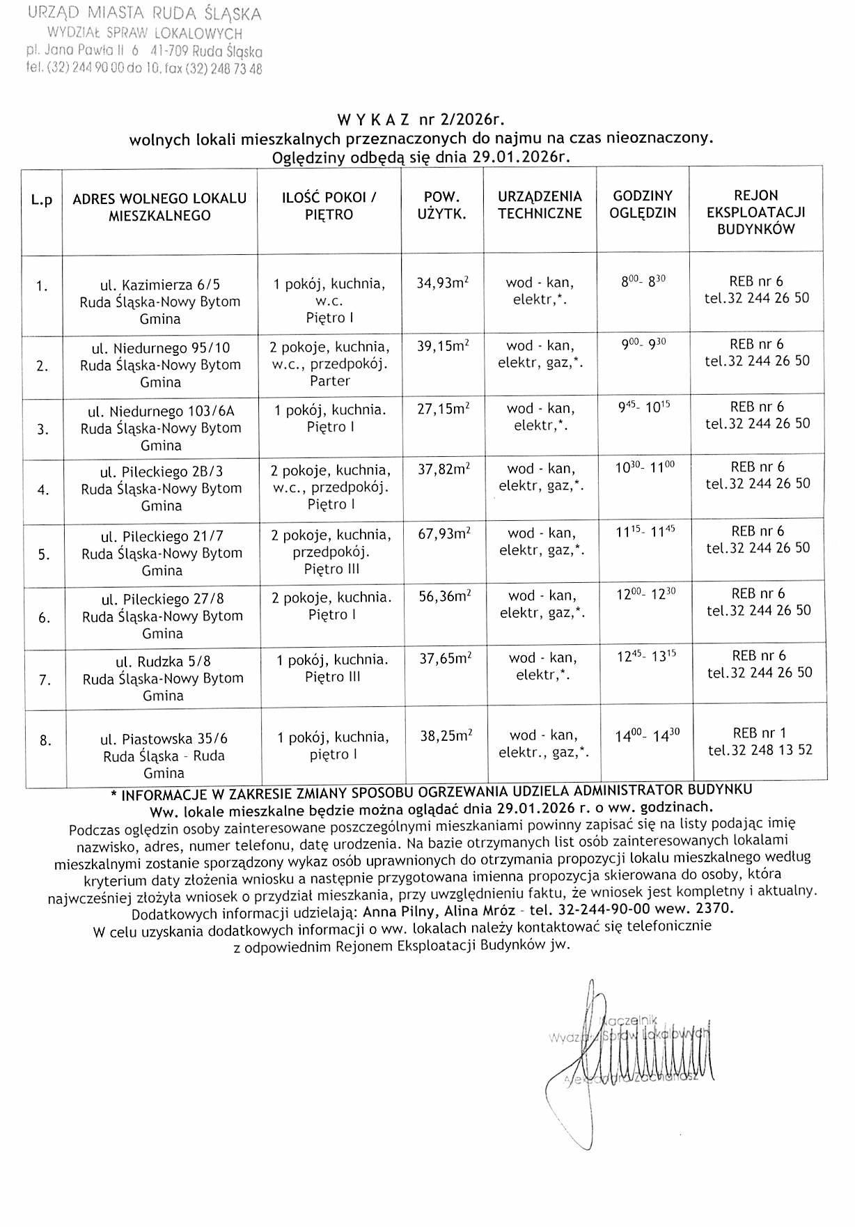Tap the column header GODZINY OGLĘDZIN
(x=643, y=205)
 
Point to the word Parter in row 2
(x=330, y=381)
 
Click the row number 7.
(x=45, y=680)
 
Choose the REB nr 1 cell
(x=760, y=741)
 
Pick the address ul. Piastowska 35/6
(x=164, y=739)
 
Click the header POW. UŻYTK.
(x=441, y=205)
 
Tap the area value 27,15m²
(x=443, y=409)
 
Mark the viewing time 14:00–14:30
(x=647, y=735)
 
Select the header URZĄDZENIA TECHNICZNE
(x=540, y=205)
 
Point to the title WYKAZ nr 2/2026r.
(x=421, y=119)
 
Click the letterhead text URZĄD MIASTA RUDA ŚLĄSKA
(x=145, y=14)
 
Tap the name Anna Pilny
(x=400, y=911)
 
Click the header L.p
(x=42, y=201)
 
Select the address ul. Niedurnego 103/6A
(x=161, y=412)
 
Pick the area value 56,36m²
(x=445, y=596)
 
